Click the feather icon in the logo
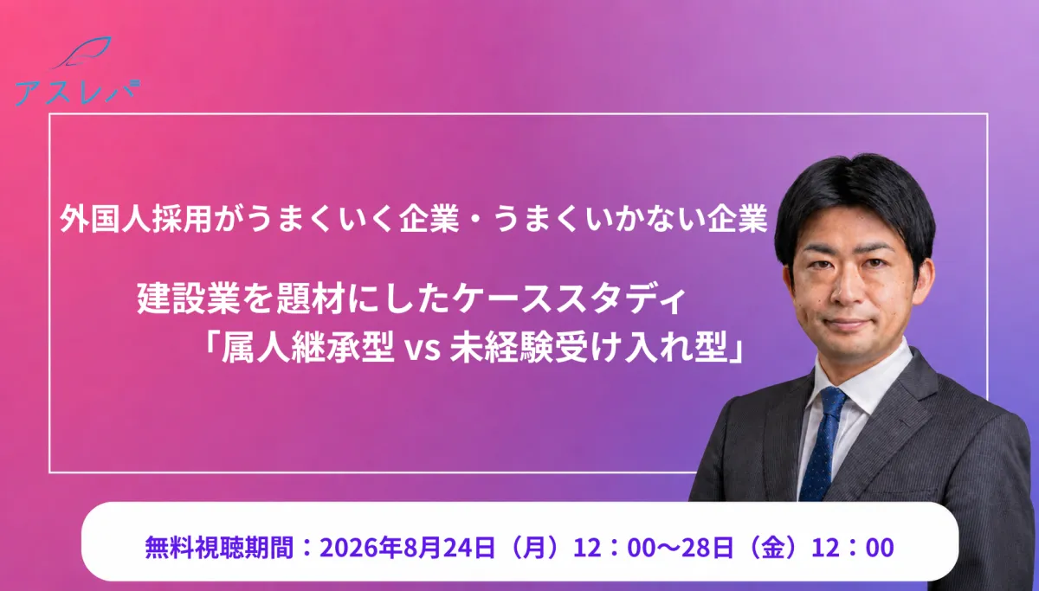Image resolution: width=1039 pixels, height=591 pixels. click(83, 52)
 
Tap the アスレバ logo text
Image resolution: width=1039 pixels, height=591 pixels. click(77, 93)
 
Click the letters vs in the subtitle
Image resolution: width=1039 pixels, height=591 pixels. click(423, 350)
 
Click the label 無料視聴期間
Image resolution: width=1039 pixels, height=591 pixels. click(219, 548)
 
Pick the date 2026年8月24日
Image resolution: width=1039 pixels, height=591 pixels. click(407, 548)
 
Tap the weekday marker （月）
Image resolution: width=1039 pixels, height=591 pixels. click(533, 548)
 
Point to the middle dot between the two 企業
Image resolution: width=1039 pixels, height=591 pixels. click(476, 219)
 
